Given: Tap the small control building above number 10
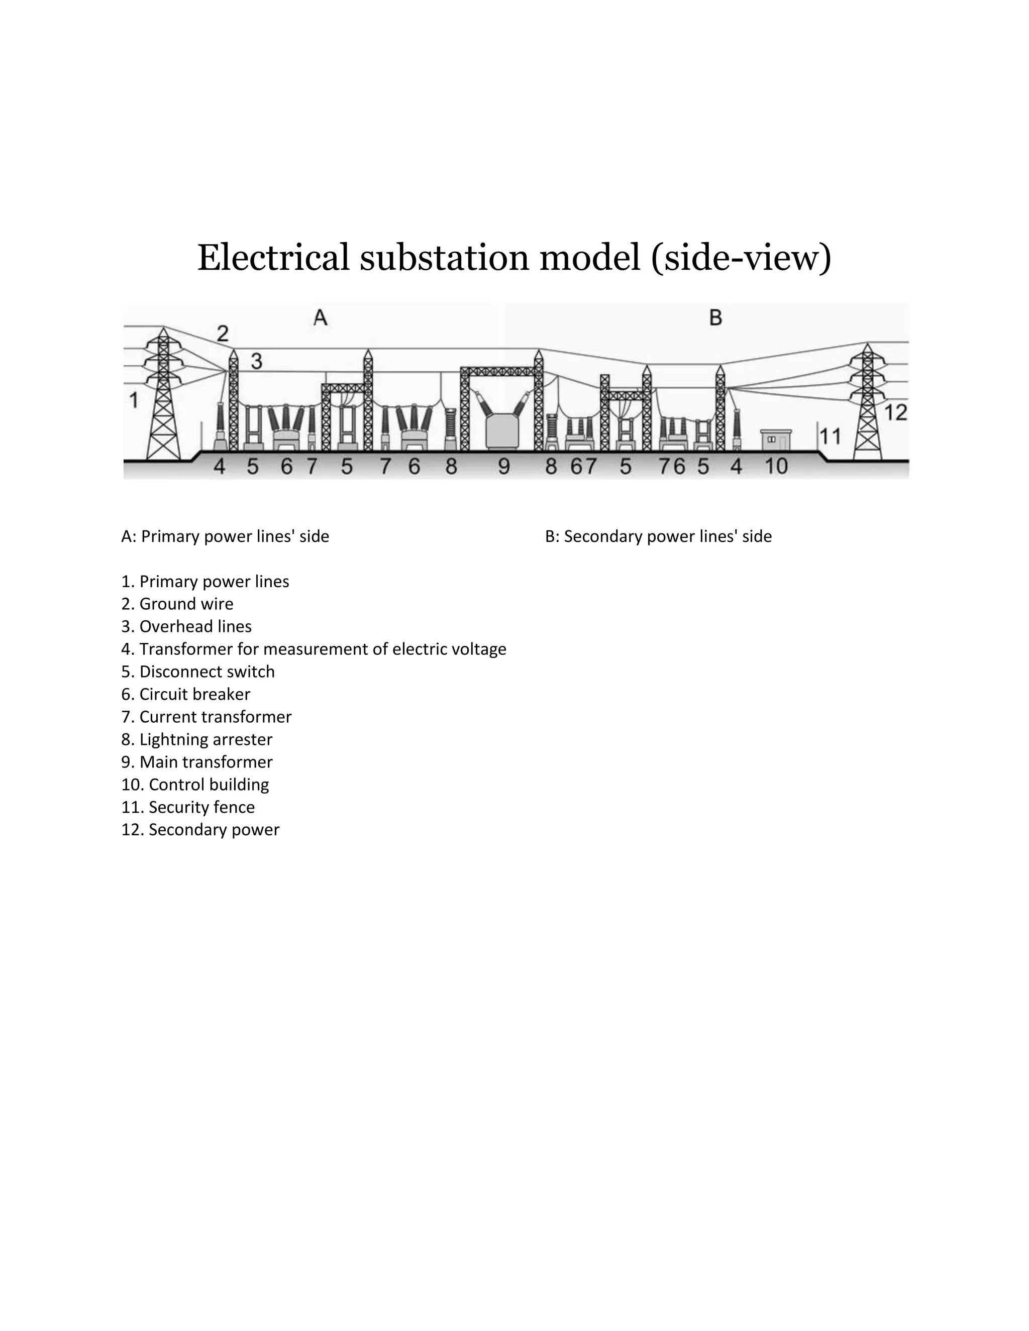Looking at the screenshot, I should (776, 439).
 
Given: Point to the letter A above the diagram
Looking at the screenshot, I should (320, 317).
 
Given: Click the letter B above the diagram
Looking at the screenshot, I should (715, 317).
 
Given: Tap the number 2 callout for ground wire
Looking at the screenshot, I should (223, 334).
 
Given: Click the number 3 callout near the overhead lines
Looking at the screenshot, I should (257, 362).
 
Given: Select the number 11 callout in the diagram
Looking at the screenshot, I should (830, 436).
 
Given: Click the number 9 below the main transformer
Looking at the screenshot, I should (503, 467).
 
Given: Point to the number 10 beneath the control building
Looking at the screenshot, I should (776, 467).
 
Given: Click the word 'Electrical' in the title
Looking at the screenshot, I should (274, 257).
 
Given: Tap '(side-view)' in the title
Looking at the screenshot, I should (741, 257).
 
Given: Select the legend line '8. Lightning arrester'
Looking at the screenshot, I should (197, 739).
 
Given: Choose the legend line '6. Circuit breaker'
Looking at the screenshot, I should (186, 694).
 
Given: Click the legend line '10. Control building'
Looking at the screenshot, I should (195, 785).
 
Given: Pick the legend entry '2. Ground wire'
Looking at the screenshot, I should (177, 604).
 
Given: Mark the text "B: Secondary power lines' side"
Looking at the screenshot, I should (658, 536).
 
